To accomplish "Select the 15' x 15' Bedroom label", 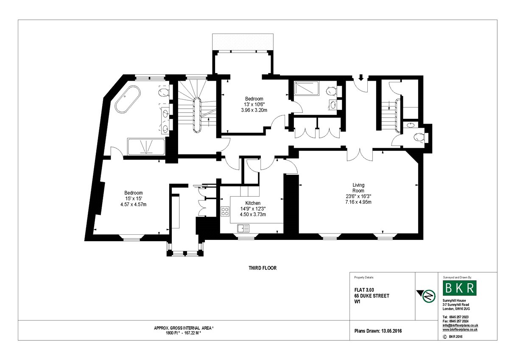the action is tap(133, 199).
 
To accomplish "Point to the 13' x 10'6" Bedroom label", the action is tap(254, 104).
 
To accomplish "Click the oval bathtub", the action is tap(128, 99).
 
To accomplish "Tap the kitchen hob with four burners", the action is tap(225, 211).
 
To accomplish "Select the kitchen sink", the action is tap(243, 228).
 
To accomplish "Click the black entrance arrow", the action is tap(361, 77).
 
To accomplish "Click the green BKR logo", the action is tap(459, 288).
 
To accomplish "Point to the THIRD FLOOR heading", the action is tap(263, 268).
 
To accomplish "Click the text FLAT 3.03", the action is tap(364, 290).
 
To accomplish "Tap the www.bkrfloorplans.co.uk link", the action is tap(460, 329).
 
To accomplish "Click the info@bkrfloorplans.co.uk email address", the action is tap(460, 325).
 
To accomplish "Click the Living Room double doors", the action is tap(360, 155).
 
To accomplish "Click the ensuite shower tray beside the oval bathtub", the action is tap(146, 147).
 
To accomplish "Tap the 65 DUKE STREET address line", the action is tap(372, 296).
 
